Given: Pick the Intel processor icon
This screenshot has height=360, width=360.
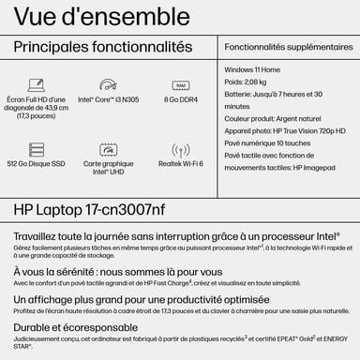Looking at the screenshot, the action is (x=109, y=85).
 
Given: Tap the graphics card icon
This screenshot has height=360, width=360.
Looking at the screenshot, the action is (x=109, y=150).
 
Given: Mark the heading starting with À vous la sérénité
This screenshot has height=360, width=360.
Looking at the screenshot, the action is (x=112, y=267).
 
